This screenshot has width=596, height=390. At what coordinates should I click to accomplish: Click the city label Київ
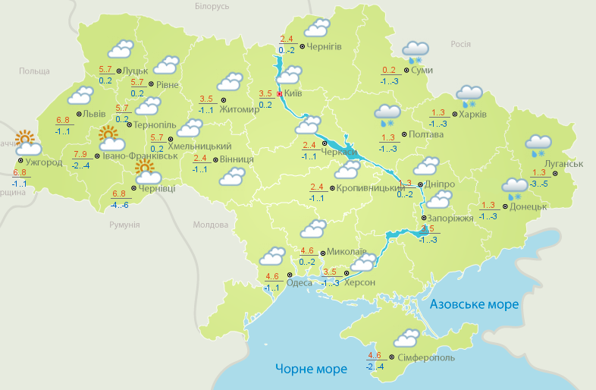point(293,94)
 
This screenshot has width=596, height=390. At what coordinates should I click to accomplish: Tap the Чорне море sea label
point(311,369)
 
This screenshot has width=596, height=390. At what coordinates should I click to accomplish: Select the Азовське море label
point(475,304)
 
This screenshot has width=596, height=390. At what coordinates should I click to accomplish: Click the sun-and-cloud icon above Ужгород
point(27,143)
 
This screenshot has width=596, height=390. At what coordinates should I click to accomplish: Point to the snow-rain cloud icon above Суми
point(416,52)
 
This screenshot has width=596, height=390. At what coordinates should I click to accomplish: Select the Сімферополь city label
point(426,357)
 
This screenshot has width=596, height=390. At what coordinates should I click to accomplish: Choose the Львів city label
point(94,114)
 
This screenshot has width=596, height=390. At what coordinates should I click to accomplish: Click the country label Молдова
point(210,225)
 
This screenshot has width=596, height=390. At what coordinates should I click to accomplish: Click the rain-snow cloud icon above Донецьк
point(516,187)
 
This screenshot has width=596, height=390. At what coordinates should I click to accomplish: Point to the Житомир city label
point(240,109)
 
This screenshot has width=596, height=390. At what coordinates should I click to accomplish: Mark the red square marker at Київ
point(279,94)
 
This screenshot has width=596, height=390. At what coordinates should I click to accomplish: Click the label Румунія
point(124,225)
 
